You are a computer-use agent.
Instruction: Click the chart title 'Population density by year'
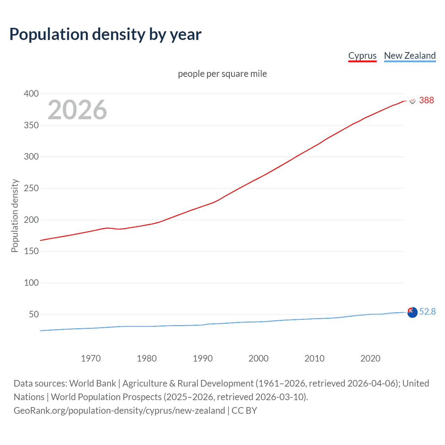click(x=105, y=34)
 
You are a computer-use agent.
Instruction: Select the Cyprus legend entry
click(x=362, y=56)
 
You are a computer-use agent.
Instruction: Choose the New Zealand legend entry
click(x=410, y=56)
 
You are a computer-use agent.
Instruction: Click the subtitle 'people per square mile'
click(x=222, y=74)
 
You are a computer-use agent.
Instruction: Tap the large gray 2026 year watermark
click(x=77, y=110)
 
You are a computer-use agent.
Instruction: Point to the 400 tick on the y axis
click(x=31, y=94)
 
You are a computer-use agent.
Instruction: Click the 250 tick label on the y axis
click(x=31, y=188)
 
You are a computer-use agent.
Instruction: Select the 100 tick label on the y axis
click(x=31, y=283)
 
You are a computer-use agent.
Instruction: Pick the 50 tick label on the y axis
click(x=34, y=314)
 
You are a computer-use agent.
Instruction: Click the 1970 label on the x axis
click(x=91, y=358)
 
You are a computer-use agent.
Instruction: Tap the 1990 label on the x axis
click(x=203, y=358)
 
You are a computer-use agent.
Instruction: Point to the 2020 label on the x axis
click(x=370, y=358)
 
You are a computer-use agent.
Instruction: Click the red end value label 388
click(x=426, y=100)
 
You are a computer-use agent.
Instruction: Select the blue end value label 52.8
click(x=427, y=311)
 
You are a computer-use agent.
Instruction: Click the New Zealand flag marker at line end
click(x=412, y=312)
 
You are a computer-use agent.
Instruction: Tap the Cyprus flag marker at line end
click(x=412, y=101)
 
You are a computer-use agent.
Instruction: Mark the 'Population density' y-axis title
click(x=15, y=216)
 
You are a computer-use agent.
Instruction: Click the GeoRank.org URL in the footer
click(x=119, y=411)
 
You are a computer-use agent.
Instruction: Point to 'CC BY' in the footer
click(x=244, y=411)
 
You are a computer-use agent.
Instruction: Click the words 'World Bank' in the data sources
click(x=92, y=383)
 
